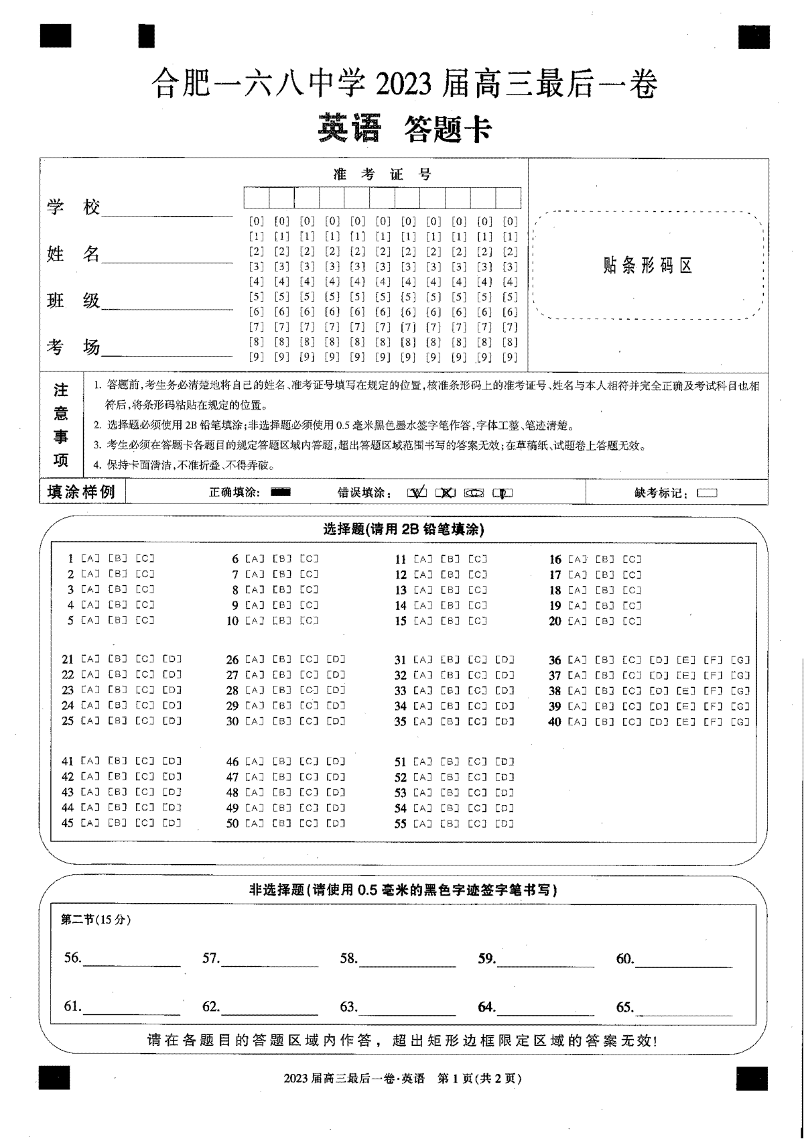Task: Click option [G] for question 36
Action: pyautogui.click(x=740, y=660)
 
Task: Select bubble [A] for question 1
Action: pyautogui.click(x=90, y=558)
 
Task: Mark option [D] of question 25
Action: pyautogui.click(x=172, y=721)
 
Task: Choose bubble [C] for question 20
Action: pyautogui.click(x=632, y=621)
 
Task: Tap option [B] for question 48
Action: pyautogui.click(x=282, y=792)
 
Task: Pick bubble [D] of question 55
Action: pyautogui.click(x=505, y=824)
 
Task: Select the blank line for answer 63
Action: pyautogui.click(x=407, y=1008)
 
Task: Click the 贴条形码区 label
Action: pyautogui.click(x=647, y=266)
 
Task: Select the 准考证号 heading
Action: pyautogui.click(x=383, y=175)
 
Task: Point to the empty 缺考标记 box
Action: pyautogui.click(x=707, y=493)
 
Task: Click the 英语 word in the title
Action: pyautogui.click(x=349, y=129)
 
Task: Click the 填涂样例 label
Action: pyautogui.click(x=82, y=492)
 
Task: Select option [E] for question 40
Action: pyautogui.click(x=685, y=722)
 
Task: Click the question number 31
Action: pyautogui.click(x=400, y=660)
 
